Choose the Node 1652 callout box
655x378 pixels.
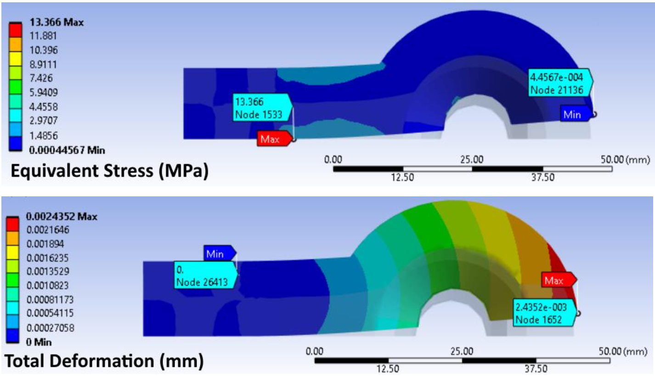[x=542, y=313]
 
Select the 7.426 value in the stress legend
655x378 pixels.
[x=40, y=78]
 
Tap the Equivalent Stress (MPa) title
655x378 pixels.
[x=109, y=171]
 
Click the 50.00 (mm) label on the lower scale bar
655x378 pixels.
[x=623, y=352]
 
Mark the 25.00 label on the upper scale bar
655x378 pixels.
[x=472, y=160]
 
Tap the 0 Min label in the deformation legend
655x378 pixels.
[x=40, y=342]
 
